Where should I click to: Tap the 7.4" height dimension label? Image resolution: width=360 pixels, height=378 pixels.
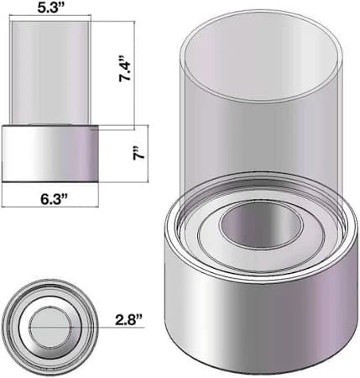click(125, 69)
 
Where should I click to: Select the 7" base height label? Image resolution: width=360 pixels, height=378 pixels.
click(138, 153)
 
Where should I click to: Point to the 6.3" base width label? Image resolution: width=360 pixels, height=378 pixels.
click(54, 198)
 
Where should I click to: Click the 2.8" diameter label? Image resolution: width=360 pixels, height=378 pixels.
click(128, 320)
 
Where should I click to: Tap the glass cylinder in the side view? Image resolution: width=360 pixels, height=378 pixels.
click(50, 72)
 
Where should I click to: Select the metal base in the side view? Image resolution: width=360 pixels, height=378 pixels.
click(50, 154)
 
